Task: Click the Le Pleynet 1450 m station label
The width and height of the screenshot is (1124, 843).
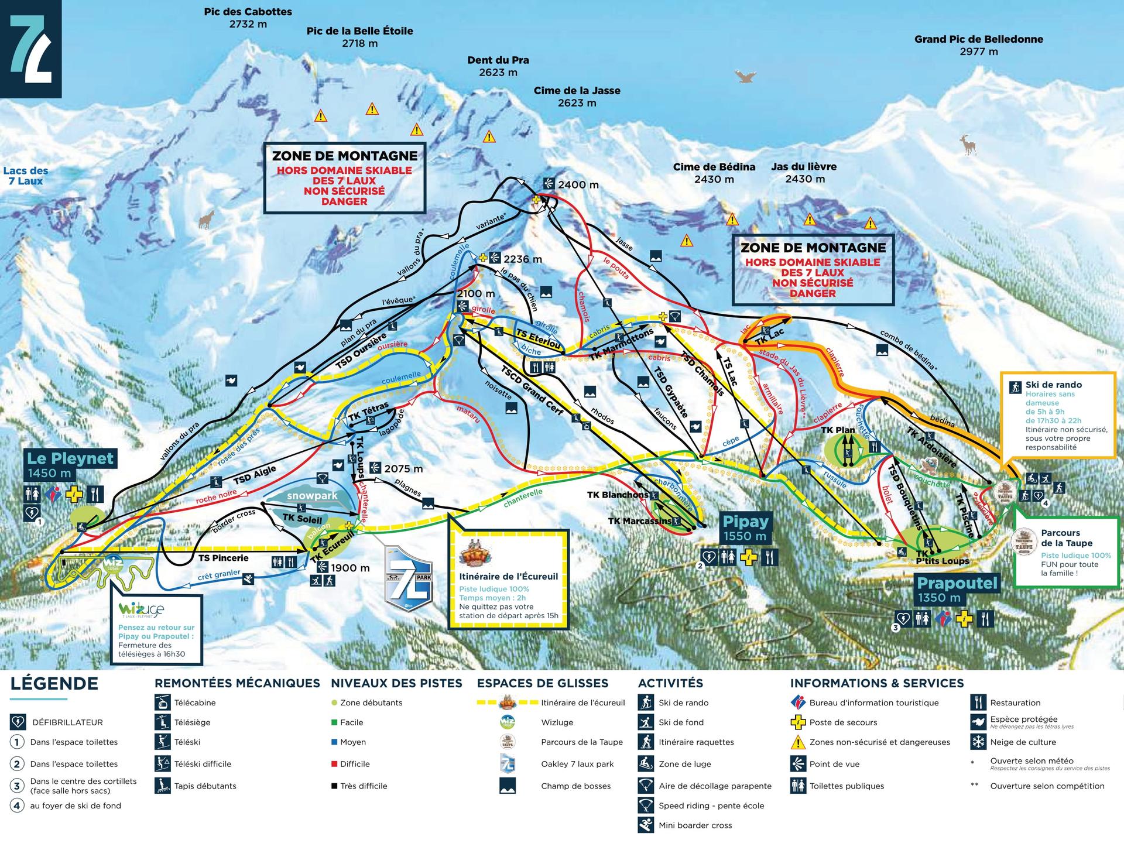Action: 70,465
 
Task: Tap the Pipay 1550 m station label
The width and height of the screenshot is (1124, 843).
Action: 745,527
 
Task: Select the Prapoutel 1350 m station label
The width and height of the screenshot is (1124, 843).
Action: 957,589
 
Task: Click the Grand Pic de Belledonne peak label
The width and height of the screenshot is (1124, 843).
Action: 978,45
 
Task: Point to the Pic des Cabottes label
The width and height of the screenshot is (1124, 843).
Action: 248,18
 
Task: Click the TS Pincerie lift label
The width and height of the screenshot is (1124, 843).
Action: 223,558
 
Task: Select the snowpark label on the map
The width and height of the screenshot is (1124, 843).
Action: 312,495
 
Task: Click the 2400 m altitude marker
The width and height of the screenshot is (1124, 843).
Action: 577,185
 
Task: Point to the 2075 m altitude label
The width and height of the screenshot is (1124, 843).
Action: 403,469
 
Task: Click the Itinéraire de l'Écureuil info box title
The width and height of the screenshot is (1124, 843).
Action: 508,577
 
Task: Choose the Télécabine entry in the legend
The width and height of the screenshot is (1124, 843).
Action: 194,702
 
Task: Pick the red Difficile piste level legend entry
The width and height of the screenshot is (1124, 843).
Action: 355,764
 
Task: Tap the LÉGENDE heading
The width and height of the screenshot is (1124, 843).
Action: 54,684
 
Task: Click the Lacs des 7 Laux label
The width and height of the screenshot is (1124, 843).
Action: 26,176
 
